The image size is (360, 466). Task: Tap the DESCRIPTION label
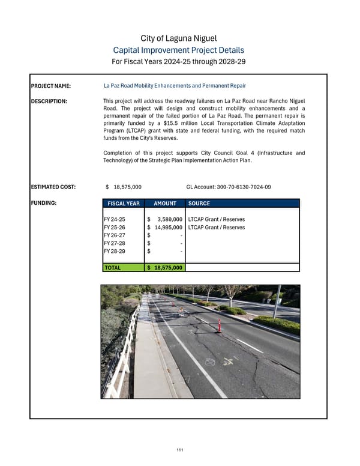[50, 101]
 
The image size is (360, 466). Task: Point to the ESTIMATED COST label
[53, 187]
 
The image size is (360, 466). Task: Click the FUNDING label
[43, 203]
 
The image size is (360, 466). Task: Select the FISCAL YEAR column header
[123, 204]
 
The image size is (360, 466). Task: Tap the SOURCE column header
[199, 204]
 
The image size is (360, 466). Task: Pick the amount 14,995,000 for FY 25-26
[167, 228]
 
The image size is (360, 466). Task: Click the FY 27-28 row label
[115, 243]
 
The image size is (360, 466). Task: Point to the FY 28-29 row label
[115, 251]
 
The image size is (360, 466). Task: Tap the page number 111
[179, 450]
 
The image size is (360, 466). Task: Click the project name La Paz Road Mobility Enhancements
[175, 86]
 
